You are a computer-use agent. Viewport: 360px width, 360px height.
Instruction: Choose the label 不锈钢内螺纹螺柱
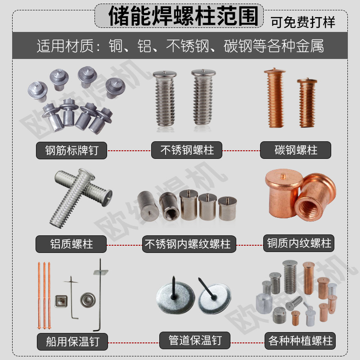point(187,244)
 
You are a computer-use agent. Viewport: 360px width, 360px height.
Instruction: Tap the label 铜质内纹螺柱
point(299,244)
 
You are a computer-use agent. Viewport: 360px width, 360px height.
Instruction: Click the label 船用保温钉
point(72,341)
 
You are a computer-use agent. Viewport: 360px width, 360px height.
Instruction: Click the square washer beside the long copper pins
point(59,300)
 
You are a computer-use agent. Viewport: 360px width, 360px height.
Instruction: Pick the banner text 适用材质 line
point(180,46)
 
